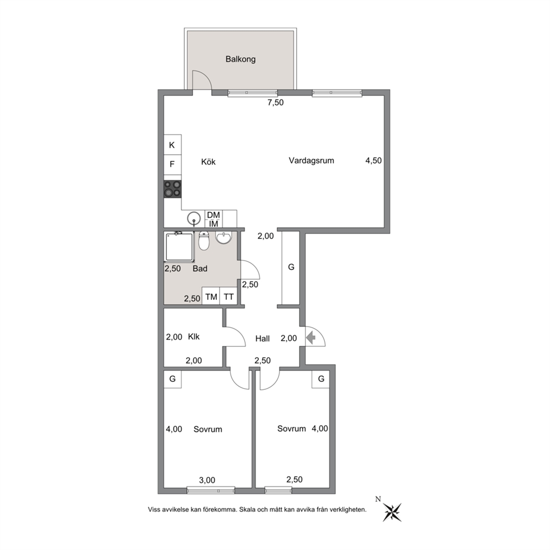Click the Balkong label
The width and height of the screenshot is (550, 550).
(x=240, y=59)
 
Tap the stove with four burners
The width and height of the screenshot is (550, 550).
(x=172, y=189)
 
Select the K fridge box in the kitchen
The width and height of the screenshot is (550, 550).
(x=172, y=145)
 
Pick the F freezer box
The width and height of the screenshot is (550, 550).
(x=172, y=164)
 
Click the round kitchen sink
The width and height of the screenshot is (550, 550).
(x=193, y=219)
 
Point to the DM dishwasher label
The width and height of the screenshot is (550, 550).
(x=213, y=215)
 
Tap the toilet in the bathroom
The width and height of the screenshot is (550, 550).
(x=203, y=240)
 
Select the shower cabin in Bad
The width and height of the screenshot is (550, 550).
(x=179, y=247)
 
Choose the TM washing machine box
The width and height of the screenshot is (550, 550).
(x=211, y=296)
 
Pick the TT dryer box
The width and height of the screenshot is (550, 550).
(x=228, y=296)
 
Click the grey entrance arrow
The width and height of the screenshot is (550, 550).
(x=311, y=338)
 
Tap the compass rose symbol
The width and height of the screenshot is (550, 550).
(x=392, y=512)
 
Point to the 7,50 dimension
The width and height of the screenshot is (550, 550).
(x=276, y=103)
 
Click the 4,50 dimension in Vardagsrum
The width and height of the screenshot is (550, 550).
(x=374, y=161)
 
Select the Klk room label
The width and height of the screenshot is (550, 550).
(x=193, y=337)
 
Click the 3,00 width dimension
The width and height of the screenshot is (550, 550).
(x=207, y=480)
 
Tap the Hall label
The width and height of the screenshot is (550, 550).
(x=262, y=339)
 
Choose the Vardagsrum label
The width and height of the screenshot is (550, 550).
(x=312, y=161)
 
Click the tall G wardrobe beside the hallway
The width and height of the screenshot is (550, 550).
(x=291, y=268)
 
